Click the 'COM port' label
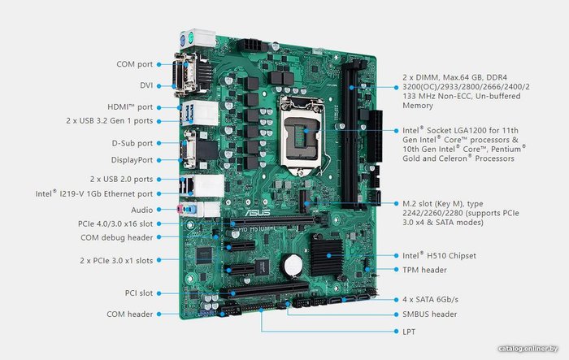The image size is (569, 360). (135, 64)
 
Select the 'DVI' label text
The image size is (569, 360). (146, 85)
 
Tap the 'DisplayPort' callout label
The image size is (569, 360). (132, 160)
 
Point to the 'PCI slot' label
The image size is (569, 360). (139, 293)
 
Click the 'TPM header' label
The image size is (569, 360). (424, 270)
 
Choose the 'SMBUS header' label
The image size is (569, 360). (430, 314)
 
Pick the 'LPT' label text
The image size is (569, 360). (409, 332)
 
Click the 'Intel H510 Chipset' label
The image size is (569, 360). (439, 255)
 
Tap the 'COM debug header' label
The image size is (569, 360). (116, 238)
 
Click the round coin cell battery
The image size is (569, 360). (293, 265)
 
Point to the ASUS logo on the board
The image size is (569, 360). (258, 212)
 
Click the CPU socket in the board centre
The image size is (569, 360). (302, 135)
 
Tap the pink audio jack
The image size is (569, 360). (179, 209)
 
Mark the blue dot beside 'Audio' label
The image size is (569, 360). (159, 210)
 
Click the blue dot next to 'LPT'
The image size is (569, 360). (397, 332)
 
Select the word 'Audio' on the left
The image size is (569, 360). (142, 210)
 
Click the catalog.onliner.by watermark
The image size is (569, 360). (528, 349)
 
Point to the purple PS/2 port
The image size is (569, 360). (183, 38)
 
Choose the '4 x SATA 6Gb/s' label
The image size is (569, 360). (430, 300)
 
